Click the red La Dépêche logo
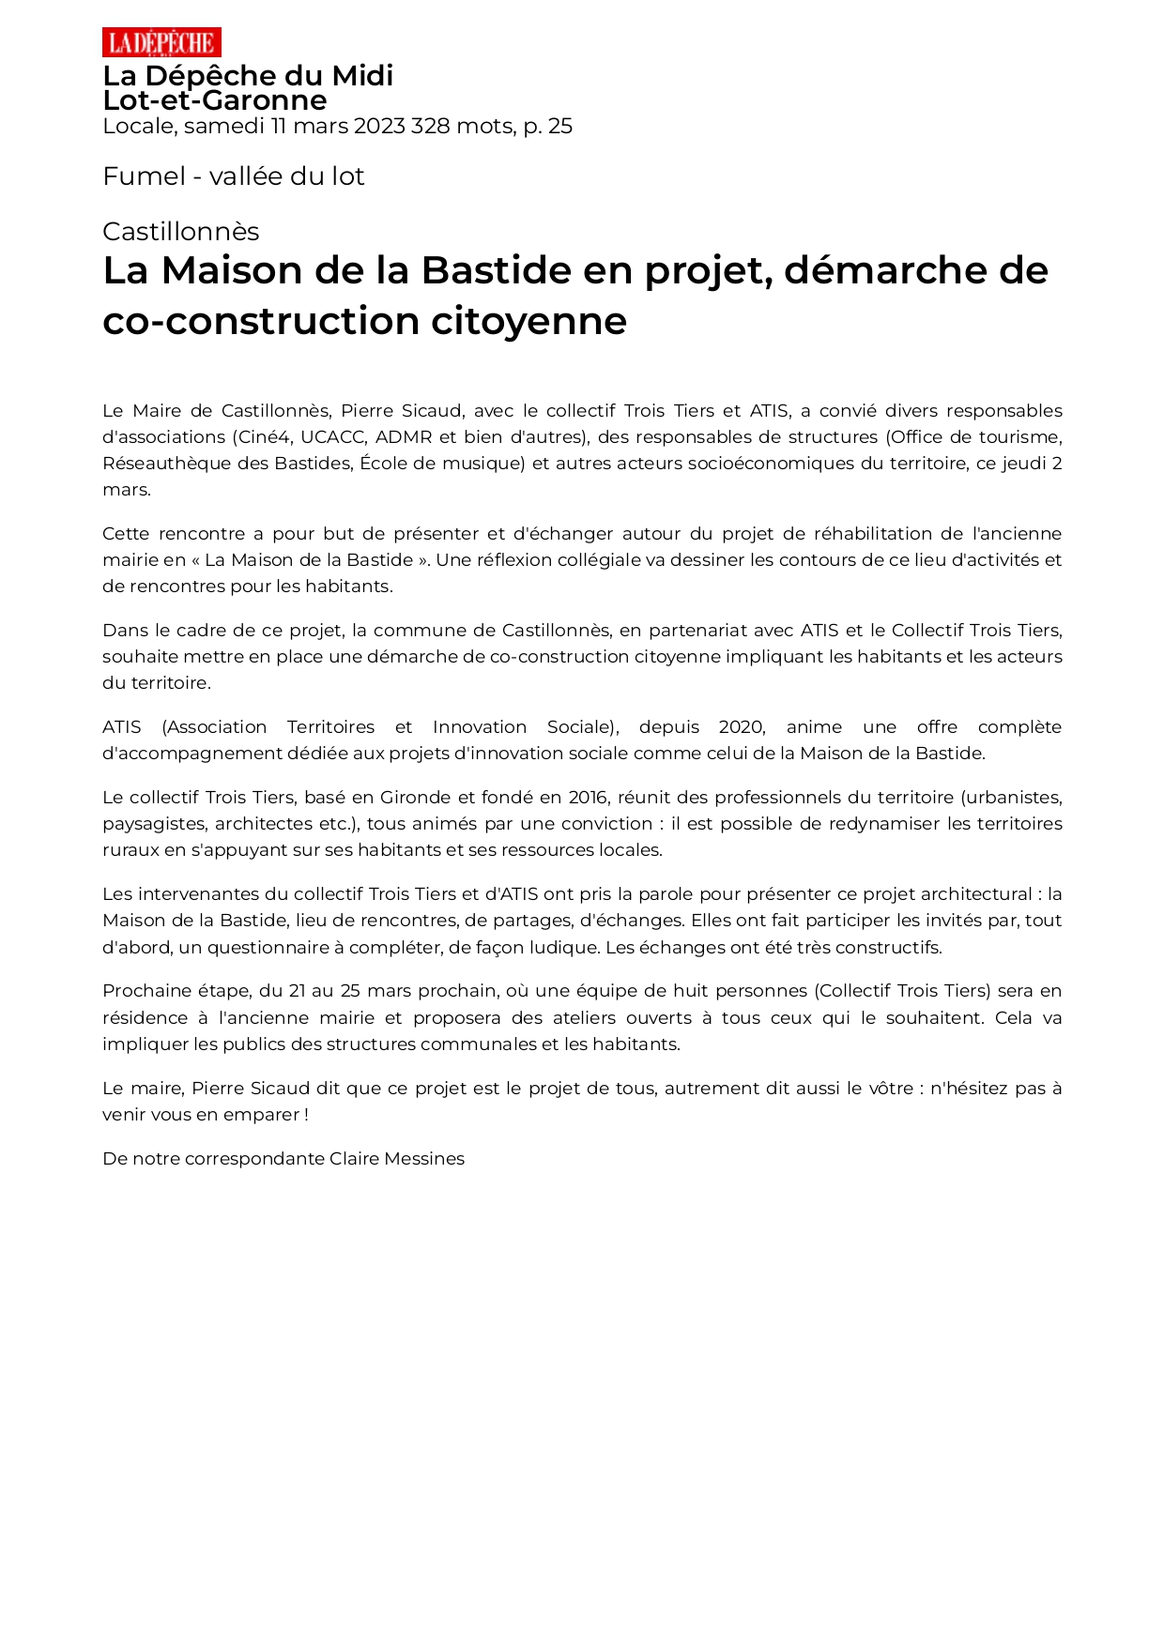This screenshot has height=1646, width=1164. tap(161, 42)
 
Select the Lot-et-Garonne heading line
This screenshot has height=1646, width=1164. tap(215, 100)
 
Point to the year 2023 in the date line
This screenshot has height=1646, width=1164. tap(379, 127)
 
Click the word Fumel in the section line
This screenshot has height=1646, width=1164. tap(144, 176)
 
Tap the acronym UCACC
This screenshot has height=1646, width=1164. tap(333, 437)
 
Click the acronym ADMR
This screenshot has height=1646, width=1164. tap(404, 437)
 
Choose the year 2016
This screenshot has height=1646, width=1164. tap(588, 798)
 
